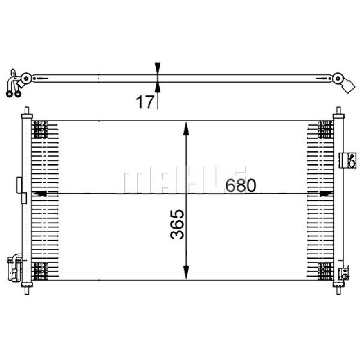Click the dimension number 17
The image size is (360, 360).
click(x=144, y=102)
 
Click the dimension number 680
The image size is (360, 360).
click(x=240, y=185)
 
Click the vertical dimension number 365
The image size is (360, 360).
click(x=177, y=224)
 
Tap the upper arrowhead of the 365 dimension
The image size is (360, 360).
click(x=186, y=129)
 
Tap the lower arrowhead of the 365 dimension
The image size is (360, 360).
click(x=186, y=272)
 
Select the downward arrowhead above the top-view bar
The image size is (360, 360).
click(x=157, y=68)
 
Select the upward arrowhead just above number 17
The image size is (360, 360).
click(x=157, y=87)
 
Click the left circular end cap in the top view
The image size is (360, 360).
click(x=26, y=78)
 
